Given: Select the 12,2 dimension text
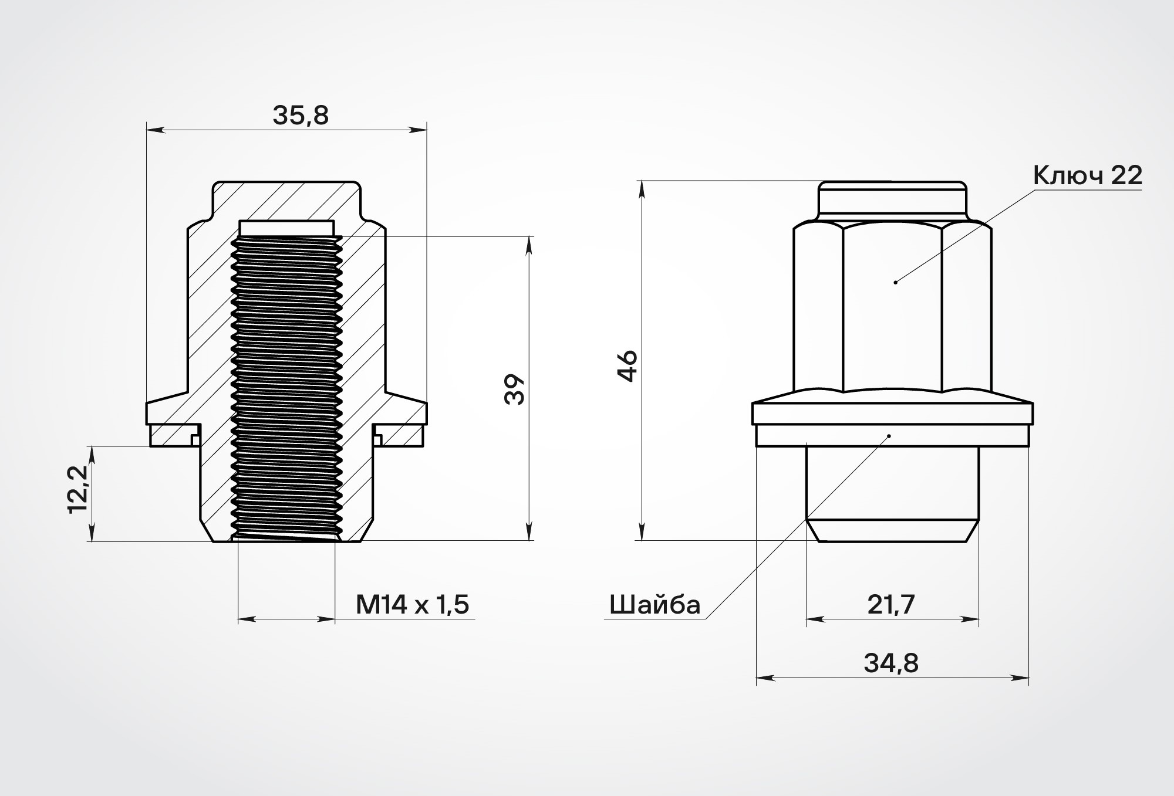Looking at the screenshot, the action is tap(77, 489).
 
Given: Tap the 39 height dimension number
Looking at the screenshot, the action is tap(514, 389).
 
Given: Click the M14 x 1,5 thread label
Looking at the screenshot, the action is tap(412, 604).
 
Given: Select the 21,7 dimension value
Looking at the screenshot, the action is tap(891, 604).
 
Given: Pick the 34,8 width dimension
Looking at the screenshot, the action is tap(891, 663).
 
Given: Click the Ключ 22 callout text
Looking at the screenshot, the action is tap(1088, 175).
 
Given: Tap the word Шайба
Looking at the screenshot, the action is tap(655, 605).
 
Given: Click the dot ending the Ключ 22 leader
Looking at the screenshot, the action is tap(895, 283).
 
